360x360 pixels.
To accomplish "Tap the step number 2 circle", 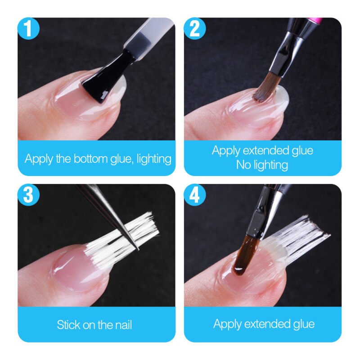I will coord(195,29).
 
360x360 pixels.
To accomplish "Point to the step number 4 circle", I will coord(195,195).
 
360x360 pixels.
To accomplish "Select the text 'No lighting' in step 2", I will coord(262,165).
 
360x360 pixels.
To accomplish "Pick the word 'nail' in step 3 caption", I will coord(122,324).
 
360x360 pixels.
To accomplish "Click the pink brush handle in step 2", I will coord(317,21).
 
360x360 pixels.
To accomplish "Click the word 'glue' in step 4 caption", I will coord(301,324).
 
